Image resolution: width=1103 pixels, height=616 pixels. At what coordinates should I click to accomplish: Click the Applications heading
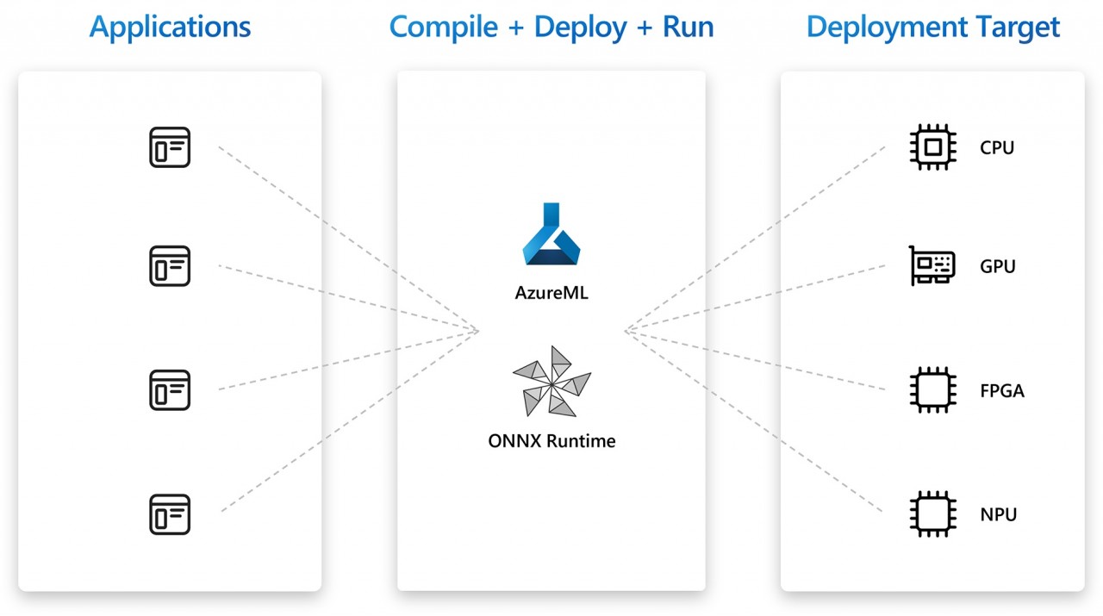click(x=170, y=28)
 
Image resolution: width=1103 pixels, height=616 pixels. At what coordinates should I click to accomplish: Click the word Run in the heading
click(x=688, y=27)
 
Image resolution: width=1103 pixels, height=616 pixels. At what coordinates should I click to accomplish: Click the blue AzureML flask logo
click(x=551, y=234)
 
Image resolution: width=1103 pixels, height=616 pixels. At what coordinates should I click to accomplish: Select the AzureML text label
click(x=551, y=293)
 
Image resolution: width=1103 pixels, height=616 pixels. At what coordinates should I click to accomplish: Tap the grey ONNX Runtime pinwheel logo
click(x=551, y=382)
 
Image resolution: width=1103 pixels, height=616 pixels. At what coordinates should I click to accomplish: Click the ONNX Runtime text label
click(x=551, y=441)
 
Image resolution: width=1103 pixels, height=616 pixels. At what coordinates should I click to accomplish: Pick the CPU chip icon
click(x=932, y=147)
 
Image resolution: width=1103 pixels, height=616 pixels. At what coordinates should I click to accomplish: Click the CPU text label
click(x=997, y=147)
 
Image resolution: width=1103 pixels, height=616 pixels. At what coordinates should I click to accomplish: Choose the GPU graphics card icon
click(x=932, y=266)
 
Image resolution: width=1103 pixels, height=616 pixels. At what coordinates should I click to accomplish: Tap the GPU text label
click(x=998, y=266)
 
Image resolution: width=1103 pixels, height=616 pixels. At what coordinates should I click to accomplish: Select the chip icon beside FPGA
click(x=932, y=390)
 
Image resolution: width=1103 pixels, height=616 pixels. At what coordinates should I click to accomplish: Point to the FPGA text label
click(x=1002, y=391)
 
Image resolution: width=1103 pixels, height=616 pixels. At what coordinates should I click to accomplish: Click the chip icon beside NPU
click(x=932, y=514)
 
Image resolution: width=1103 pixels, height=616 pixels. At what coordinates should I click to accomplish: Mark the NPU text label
click(x=998, y=515)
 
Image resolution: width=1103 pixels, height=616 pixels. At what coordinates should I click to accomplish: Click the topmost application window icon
click(x=170, y=147)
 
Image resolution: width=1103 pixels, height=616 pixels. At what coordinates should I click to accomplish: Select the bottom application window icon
click(x=170, y=514)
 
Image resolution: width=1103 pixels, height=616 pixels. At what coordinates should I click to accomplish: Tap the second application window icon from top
click(x=170, y=266)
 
